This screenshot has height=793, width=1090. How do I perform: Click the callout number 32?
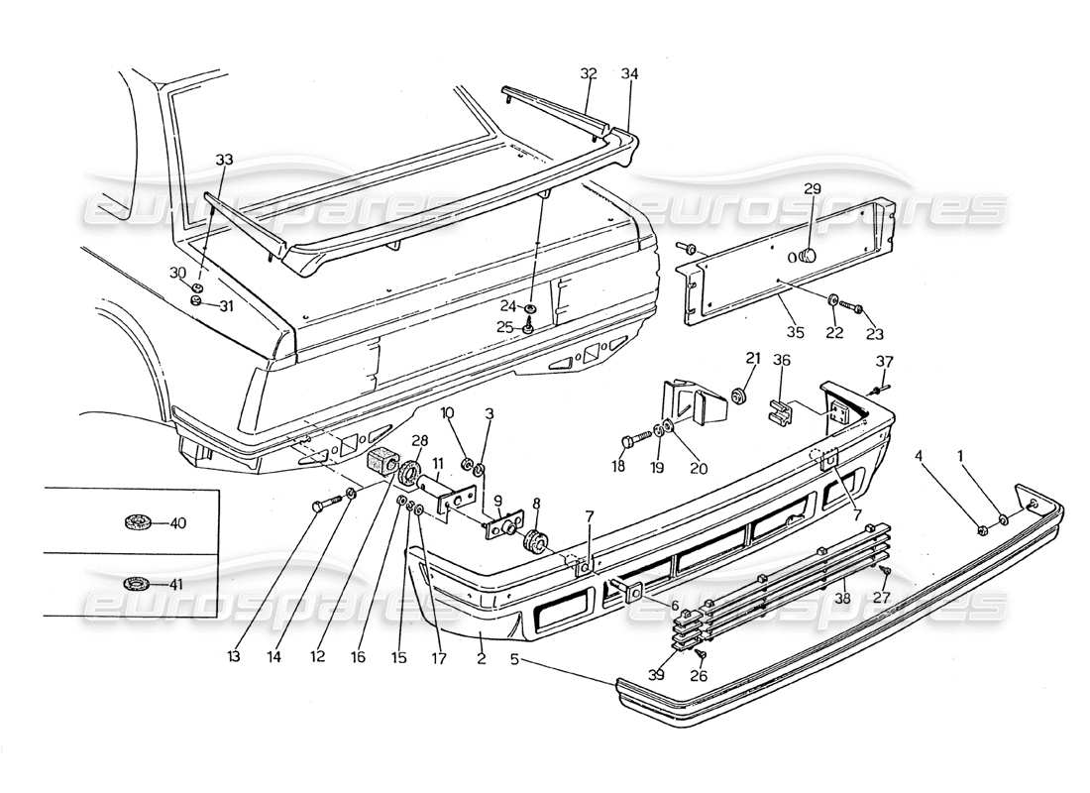click(x=589, y=73)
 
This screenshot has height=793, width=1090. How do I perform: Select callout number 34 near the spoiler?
click(x=628, y=73)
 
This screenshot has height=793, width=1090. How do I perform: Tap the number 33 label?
click(x=224, y=159)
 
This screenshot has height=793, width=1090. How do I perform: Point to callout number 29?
click(x=813, y=188)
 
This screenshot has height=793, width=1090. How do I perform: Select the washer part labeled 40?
click(x=135, y=522)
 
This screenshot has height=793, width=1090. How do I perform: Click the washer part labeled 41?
click(x=135, y=584)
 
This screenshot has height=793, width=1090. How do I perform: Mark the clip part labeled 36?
click(x=783, y=410)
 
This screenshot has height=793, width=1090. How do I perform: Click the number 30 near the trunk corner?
click(x=177, y=272)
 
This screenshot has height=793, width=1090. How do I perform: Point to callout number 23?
click(x=874, y=334)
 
